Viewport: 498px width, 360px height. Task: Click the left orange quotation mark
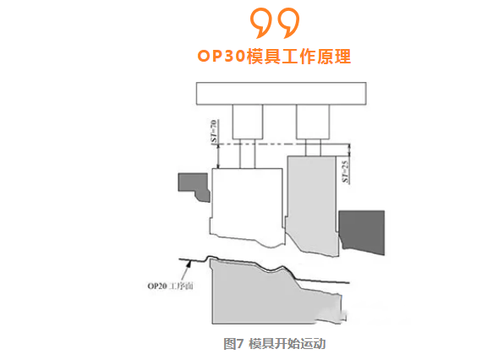pos(262,22)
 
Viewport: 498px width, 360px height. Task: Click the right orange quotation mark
pos(289,22)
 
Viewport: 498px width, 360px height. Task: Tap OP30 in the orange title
pos(222,56)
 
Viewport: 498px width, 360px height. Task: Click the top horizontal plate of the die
pos(281,93)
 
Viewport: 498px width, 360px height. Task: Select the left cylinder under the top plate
pos(248,122)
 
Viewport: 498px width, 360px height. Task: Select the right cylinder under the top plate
pos(313,122)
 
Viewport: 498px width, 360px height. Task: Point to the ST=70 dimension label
pos(214,132)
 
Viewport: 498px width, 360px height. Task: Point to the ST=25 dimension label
pos(346,172)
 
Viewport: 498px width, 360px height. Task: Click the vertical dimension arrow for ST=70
pos(218,156)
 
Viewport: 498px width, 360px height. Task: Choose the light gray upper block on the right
pos(312,205)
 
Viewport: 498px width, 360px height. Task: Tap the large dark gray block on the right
pos(362,232)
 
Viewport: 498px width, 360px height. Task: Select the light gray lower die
pos(273,293)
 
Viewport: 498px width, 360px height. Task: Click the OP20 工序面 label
pos(170,286)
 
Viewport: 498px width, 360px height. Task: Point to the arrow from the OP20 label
pos(186,270)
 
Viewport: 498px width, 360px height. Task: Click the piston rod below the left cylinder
pos(248,154)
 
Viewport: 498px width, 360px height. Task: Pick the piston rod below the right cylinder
pos(313,148)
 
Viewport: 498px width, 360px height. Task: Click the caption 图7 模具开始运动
pos(275,344)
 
